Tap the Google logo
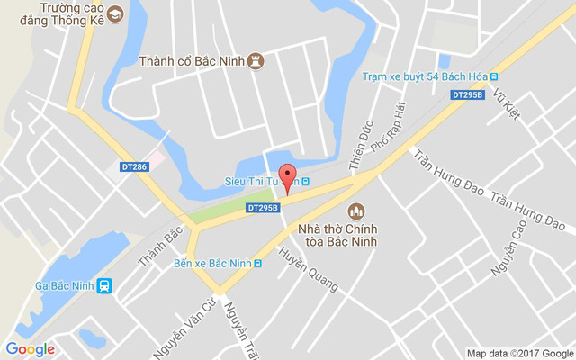[x=30, y=349]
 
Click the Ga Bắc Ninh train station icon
[x=105, y=286]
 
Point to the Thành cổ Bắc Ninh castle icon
[x=256, y=61]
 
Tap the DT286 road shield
[x=133, y=166]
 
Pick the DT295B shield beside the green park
[x=261, y=208]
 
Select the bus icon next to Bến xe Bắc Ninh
[x=258, y=264]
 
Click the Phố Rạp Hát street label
[x=396, y=125]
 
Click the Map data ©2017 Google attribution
[x=519, y=353]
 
